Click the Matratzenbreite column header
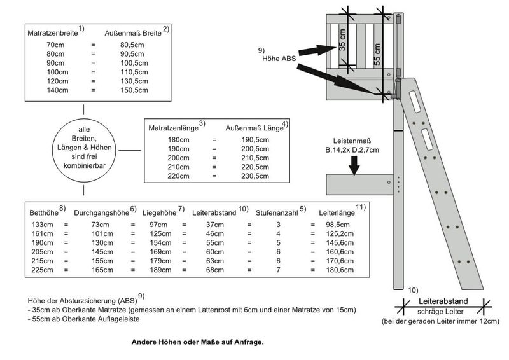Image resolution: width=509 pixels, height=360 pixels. pyautogui.click(x=52, y=31)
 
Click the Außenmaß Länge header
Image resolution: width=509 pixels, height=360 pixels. pyautogui.click(x=252, y=127)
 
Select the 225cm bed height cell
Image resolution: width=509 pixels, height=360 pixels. pyautogui.click(x=41, y=270)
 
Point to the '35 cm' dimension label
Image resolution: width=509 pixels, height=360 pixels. pyautogui.click(x=343, y=39)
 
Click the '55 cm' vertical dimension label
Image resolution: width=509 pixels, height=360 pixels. pyautogui.click(x=378, y=54)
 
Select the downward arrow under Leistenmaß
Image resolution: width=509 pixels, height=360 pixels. pyautogui.click(x=355, y=165)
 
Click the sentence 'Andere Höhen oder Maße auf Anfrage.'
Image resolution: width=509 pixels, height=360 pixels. pyautogui.click(x=197, y=342)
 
